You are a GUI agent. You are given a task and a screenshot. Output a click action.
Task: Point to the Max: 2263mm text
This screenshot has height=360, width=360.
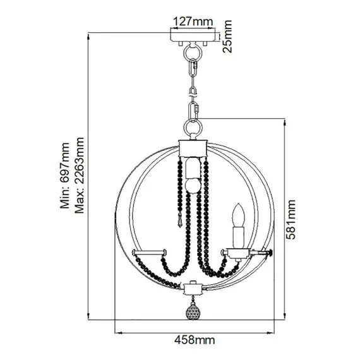tap(79, 176)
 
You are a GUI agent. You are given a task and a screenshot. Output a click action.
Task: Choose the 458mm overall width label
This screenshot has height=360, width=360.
tap(193, 341)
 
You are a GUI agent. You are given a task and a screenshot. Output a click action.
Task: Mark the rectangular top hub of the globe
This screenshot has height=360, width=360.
tap(193, 148)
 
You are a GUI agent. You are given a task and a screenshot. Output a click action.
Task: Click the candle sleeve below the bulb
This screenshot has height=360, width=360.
tap(238, 236)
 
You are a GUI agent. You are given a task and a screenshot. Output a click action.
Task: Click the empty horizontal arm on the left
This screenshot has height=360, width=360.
tap(148, 252)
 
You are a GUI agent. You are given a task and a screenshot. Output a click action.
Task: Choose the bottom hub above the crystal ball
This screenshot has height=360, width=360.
tap(193, 289)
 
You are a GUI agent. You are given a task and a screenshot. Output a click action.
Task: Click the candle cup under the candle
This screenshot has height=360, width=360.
tap(238, 253)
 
